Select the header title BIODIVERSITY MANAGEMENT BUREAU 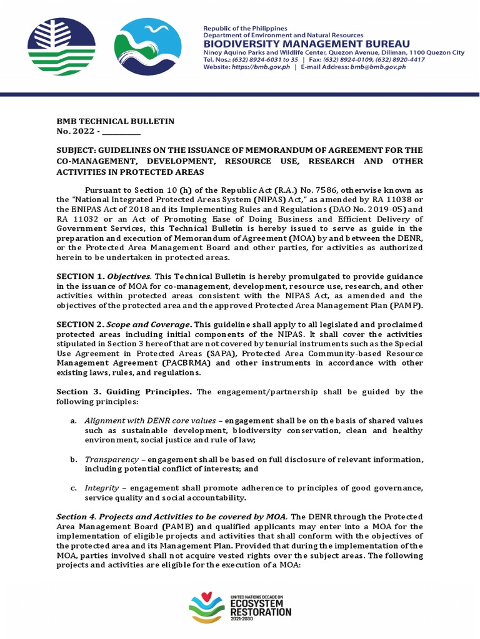[306, 44]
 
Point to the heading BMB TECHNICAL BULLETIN [115, 121]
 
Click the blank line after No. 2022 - [121, 132]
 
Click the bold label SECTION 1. [79, 276]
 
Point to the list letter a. [73, 421]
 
